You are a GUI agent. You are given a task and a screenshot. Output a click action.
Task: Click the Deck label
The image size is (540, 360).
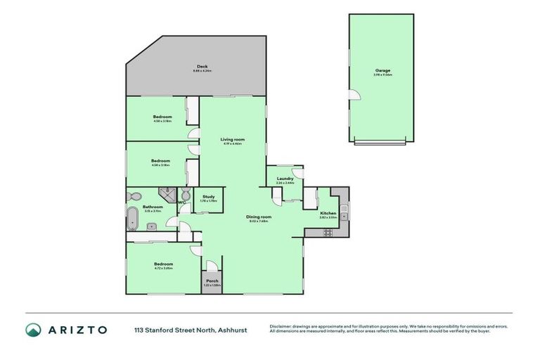[x=202, y=66]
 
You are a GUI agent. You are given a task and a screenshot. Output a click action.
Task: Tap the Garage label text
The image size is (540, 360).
[x=382, y=70]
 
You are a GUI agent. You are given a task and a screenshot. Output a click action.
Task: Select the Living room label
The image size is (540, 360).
[x=233, y=139]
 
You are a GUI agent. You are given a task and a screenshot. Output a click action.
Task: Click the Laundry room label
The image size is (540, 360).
[x=285, y=179]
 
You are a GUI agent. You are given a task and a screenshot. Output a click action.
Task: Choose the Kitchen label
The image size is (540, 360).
[x=328, y=213]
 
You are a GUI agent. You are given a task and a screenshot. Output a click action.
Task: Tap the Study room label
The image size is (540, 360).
[x=208, y=197]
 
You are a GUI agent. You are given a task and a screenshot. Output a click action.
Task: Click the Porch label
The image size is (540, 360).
[x=212, y=281]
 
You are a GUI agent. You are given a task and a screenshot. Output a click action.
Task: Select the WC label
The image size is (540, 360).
[x=181, y=202]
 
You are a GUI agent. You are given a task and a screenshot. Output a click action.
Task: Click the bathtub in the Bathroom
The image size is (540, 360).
[x=131, y=219]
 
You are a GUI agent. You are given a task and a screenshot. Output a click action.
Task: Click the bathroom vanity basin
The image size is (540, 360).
[x=152, y=226]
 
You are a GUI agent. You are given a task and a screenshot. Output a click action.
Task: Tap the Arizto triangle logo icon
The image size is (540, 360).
[x=33, y=330]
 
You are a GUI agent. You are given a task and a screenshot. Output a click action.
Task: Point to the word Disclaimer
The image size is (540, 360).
[x=283, y=326]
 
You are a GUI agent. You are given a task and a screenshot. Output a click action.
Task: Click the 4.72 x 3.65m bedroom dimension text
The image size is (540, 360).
[x=162, y=269]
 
